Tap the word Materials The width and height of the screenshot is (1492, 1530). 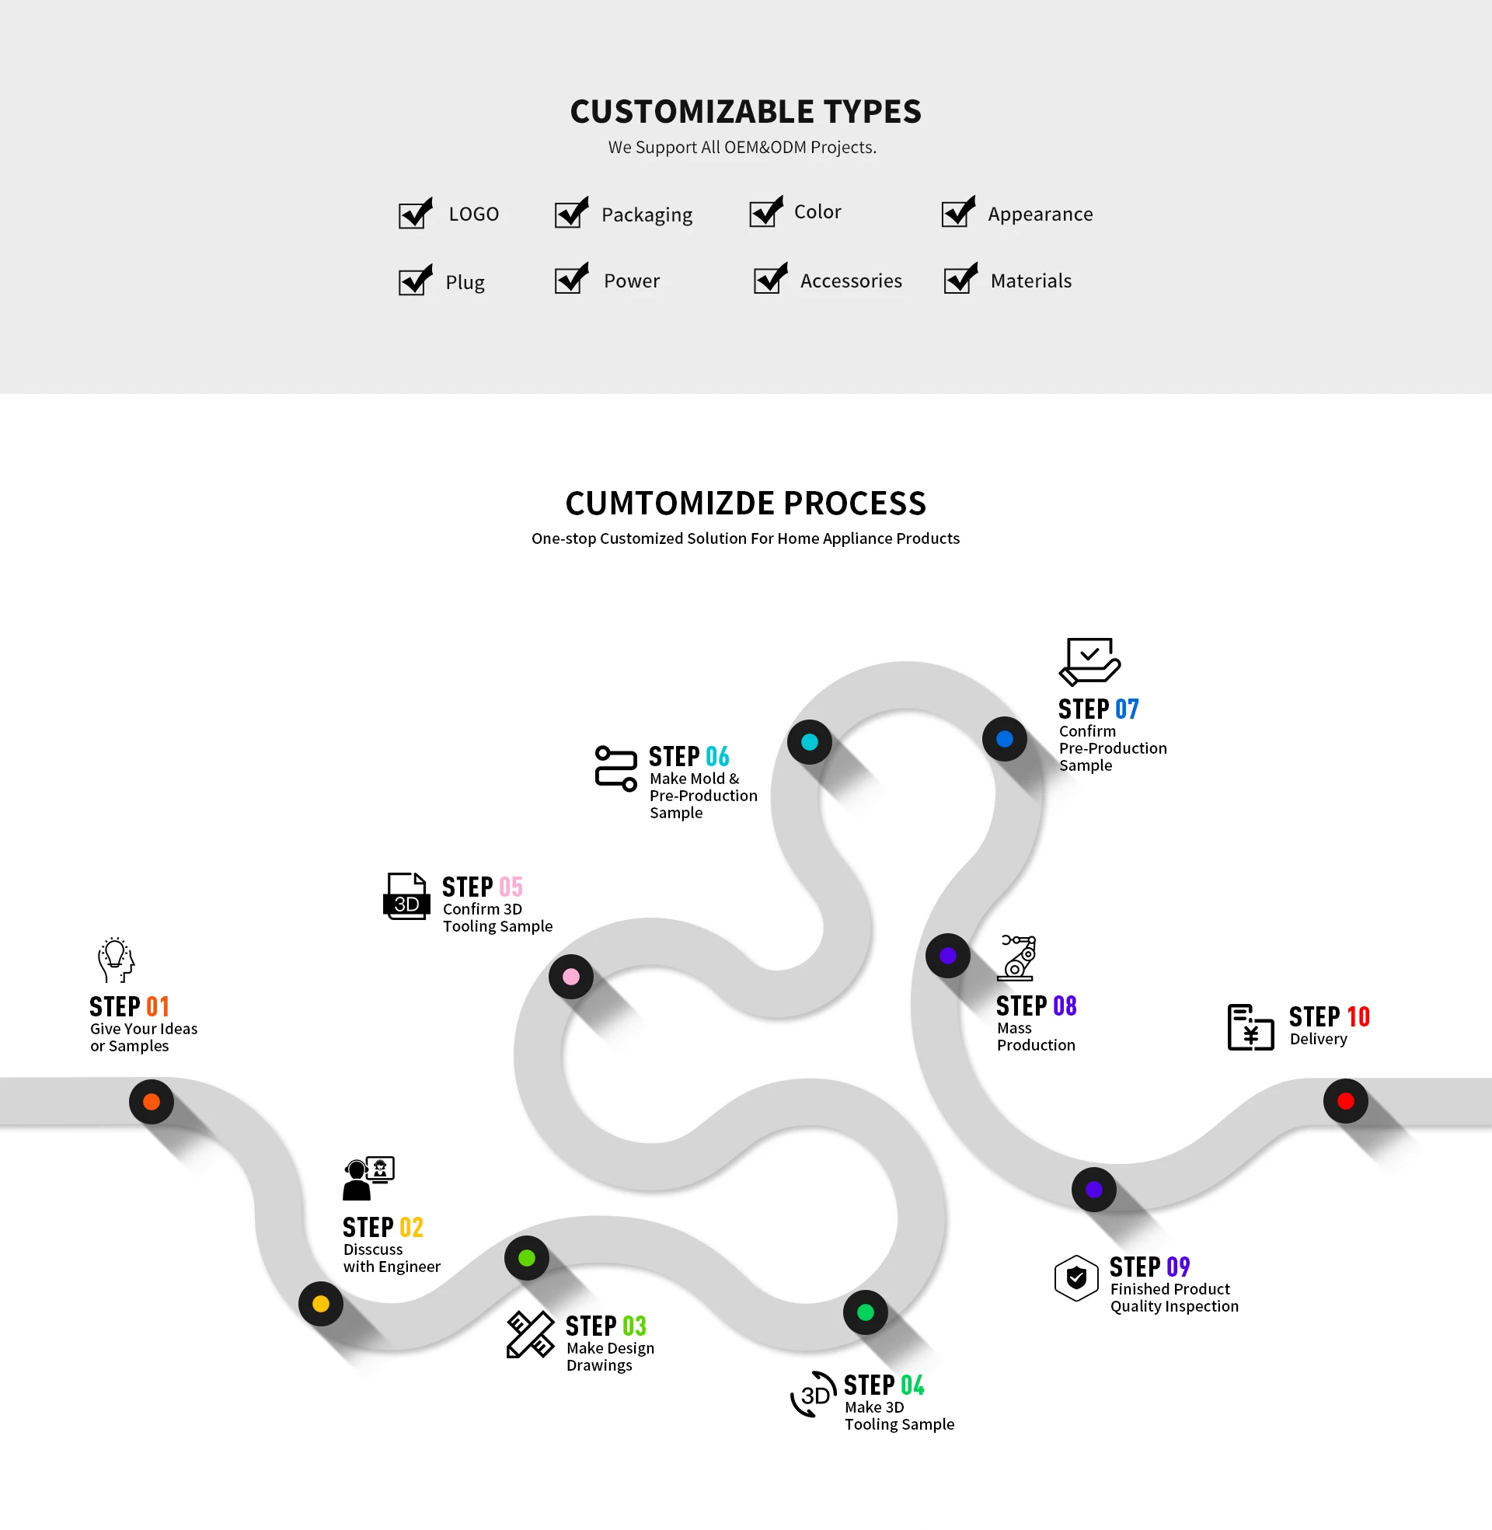pyautogui.click(x=1030, y=281)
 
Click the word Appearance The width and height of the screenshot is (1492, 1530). pyautogui.click(x=1040, y=214)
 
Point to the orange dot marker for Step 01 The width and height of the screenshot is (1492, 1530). pyautogui.click(x=152, y=1103)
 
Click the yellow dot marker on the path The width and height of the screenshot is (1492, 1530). pyautogui.click(x=320, y=1304)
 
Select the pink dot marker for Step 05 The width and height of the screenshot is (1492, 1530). pyautogui.click(x=571, y=977)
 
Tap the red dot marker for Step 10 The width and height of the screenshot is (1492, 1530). pyautogui.click(x=1345, y=1102)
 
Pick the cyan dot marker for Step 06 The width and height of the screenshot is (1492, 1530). pyautogui.click(x=810, y=742)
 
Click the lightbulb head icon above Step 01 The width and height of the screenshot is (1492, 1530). pyautogui.click(x=116, y=960)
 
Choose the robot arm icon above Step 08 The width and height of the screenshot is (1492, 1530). pyautogui.click(x=1016, y=958)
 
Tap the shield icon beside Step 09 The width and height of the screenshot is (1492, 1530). pyautogui.click(x=1076, y=1278)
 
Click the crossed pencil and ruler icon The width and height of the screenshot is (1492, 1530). pyautogui.click(x=530, y=1335)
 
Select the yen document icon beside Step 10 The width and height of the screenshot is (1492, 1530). pyautogui.click(x=1250, y=1027)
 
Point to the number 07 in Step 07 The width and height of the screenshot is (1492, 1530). pyautogui.click(x=1127, y=709)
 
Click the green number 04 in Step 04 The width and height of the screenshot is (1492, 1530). pyautogui.click(x=912, y=1385)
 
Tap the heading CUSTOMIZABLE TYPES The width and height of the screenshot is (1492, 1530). pyautogui.click(x=745, y=112)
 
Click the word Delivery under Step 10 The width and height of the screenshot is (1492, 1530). pyautogui.click(x=1318, y=1040)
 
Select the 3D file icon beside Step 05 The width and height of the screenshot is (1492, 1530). pyautogui.click(x=406, y=896)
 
